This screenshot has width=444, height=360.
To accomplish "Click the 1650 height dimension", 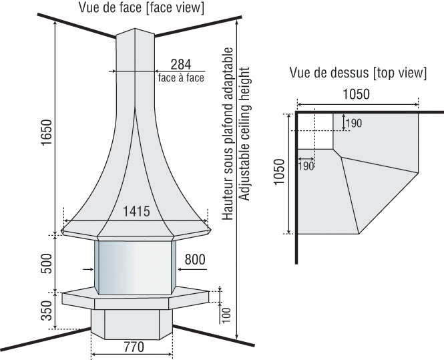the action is (x=47, y=132).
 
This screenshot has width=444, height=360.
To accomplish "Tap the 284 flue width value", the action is (x=181, y=64).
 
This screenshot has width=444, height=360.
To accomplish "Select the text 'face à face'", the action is (x=181, y=77).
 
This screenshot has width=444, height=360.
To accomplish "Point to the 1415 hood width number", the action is (x=136, y=211).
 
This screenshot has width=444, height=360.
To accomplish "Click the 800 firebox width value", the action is (x=195, y=259).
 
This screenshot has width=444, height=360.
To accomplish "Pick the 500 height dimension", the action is (x=47, y=263).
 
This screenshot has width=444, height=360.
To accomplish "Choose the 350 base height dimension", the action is (x=47, y=311).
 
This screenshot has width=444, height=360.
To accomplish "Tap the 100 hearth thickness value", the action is (x=226, y=315).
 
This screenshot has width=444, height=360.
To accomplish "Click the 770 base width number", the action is (x=134, y=347).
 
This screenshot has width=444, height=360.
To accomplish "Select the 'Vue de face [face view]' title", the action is (x=142, y=7).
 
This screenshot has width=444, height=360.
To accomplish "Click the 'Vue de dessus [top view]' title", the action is (x=358, y=73).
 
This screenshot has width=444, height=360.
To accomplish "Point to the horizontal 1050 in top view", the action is (x=357, y=94).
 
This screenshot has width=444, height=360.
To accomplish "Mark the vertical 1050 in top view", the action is (x=279, y=172).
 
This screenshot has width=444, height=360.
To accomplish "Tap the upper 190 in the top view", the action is (x=354, y=123).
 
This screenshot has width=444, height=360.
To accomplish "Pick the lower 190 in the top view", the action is (x=306, y=166).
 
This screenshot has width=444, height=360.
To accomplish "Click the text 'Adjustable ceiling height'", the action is (x=244, y=134).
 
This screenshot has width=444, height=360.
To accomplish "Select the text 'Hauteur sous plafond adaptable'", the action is (x=228, y=134).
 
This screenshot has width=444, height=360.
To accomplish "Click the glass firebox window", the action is (x=135, y=268).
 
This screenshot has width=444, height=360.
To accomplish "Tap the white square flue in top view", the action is (x=316, y=131).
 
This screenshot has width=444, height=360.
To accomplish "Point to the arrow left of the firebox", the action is (x=88, y=269).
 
